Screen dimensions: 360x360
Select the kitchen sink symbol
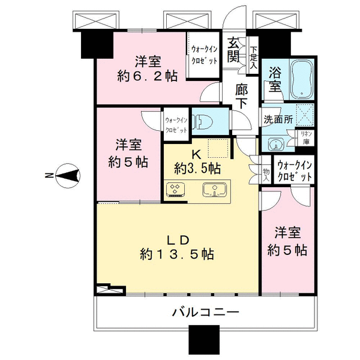click(215, 190)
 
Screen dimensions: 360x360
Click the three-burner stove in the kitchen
click(176, 190)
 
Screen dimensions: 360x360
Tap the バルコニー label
click(206, 312)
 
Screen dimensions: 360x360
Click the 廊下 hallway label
click(242, 97)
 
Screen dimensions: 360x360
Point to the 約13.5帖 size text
click(177, 254)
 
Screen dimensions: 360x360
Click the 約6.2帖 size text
click(148, 76)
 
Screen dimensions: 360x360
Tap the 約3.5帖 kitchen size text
click(197, 169)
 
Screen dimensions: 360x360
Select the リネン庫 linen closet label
click(306, 138)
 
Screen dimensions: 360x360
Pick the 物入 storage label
click(266, 174)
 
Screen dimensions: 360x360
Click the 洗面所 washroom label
click(278, 119)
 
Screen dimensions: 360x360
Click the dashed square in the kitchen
click(218, 148)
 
